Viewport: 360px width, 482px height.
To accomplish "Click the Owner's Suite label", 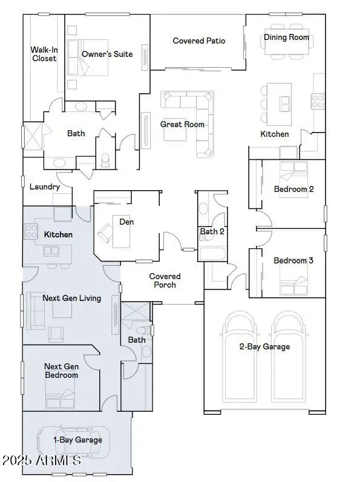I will [107, 54].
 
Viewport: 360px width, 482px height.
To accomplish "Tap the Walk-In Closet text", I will [44, 54].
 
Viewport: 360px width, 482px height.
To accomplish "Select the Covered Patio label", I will [198, 41].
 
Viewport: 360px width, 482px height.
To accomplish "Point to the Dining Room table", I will [286, 38].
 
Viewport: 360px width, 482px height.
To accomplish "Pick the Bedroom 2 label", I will [293, 189].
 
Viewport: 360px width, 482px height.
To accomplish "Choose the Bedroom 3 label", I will [293, 260].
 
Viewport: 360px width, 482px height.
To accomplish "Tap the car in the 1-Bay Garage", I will [76, 441].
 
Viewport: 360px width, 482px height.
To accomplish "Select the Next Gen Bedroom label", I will [61, 371].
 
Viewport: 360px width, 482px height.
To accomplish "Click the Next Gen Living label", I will [71, 298].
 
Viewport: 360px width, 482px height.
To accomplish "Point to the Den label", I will [126, 222].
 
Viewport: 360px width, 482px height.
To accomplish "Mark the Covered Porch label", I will [165, 280].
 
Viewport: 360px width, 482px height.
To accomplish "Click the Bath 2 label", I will [212, 231].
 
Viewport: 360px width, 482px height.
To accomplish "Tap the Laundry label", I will [45, 187].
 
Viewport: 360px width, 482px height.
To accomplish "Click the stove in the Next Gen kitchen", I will [30, 231].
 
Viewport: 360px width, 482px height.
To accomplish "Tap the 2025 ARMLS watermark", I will [41, 460].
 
